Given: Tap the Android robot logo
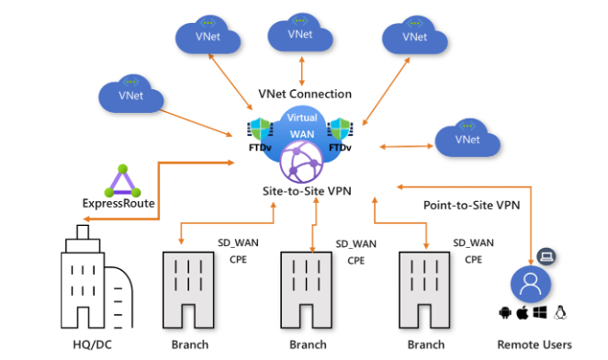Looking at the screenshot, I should (x=503, y=313).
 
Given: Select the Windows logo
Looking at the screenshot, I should (x=540, y=313).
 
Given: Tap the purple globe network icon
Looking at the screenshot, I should (x=303, y=165).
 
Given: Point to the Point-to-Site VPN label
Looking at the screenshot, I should (x=471, y=206).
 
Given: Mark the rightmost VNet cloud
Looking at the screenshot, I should (x=467, y=139).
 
